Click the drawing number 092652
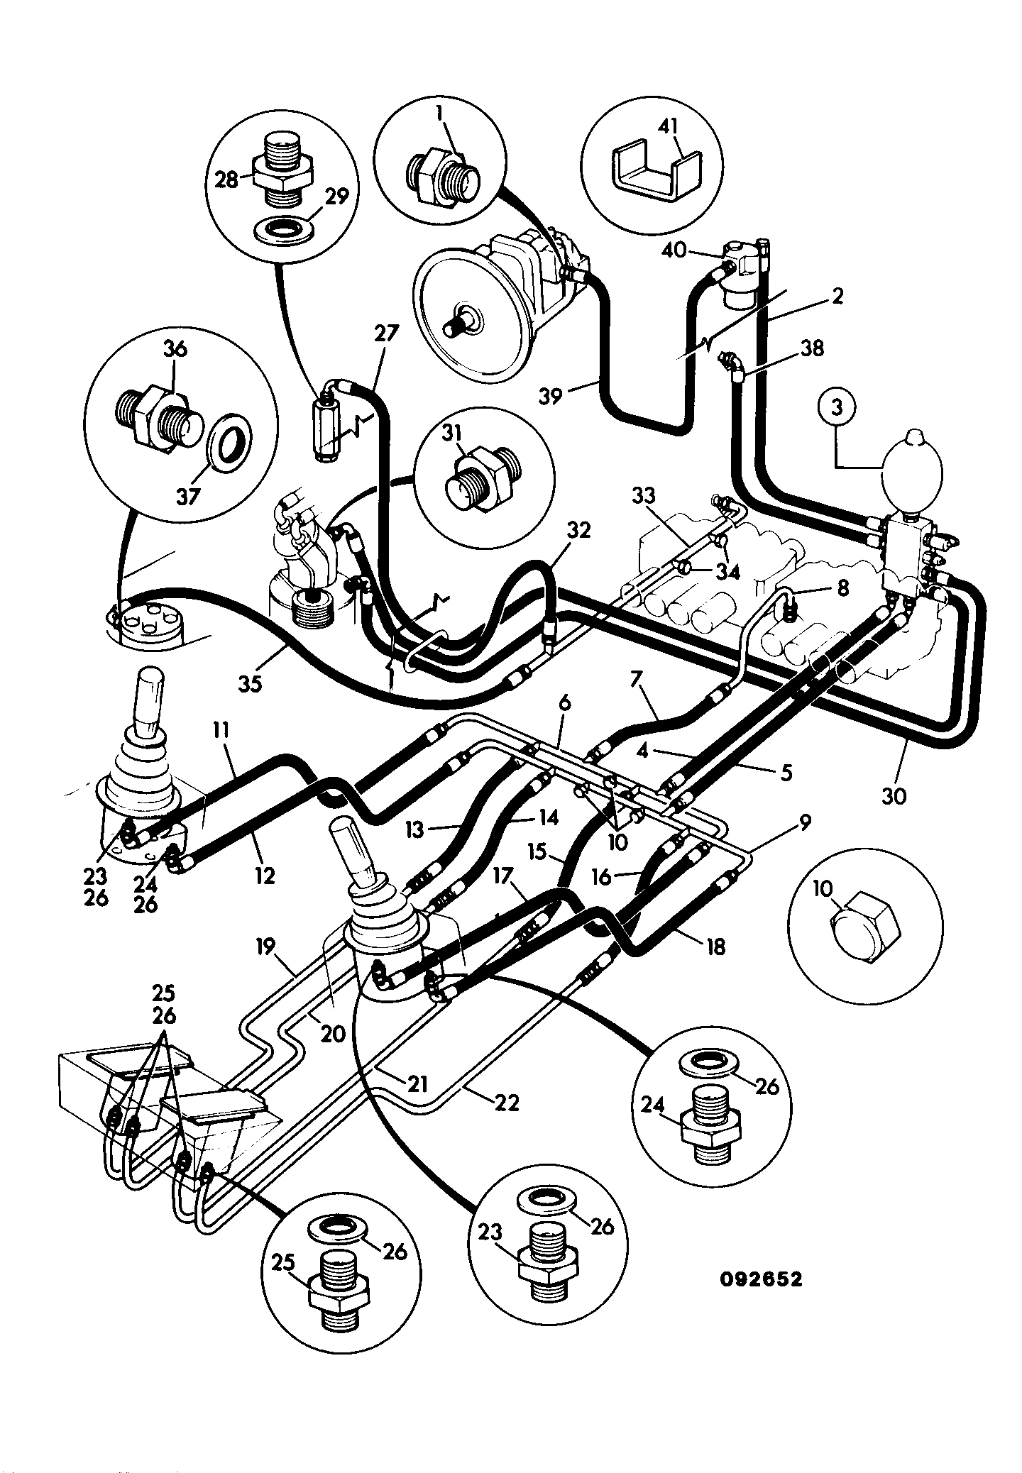click(761, 1279)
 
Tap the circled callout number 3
click(838, 409)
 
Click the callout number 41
click(668, 127)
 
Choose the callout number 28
click(227, 180)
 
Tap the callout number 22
click(505, 1102)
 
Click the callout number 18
click(715, 946)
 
